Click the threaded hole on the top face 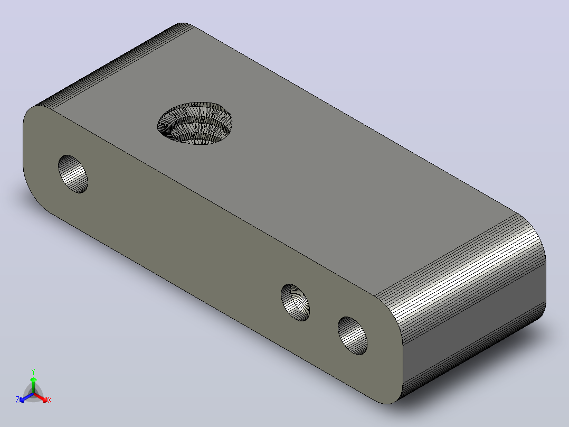point(195,123)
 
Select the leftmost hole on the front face point(73,174)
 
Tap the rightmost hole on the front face point(353,336)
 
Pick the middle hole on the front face point(296,302)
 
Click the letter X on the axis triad point(50,400)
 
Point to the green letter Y point(33,372)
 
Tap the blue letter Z point(17,400)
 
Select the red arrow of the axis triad point(41,397)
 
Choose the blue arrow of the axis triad point(26,397)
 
